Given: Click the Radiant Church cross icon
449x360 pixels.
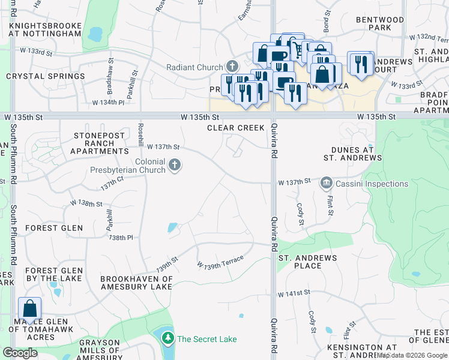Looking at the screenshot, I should tap(232, 67).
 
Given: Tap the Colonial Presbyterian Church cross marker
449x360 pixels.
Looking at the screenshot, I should tap(175, 165).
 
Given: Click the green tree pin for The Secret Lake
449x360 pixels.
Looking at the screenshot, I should tap(167, 339).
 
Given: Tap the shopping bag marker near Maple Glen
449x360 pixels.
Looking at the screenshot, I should tap(29, 310).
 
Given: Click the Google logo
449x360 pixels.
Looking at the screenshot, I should tap(20, 353).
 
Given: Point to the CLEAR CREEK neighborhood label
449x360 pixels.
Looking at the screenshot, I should tap(236, 128).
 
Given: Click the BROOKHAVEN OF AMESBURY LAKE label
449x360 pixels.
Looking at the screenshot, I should tap(136, 283).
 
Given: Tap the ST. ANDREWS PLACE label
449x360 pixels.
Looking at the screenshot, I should tap(308, 262).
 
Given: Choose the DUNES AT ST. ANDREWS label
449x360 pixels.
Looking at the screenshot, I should tap(352, 154).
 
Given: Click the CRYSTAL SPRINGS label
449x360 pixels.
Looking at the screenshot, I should tap(46, 77).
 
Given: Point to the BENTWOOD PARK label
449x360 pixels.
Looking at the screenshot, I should tap(379, 23).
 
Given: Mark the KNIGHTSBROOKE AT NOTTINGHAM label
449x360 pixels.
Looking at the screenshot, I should tap(46, 29).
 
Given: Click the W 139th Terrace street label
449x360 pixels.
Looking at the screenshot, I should tap(220, 262).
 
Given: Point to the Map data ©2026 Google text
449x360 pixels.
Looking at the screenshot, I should tap(411, 355).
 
